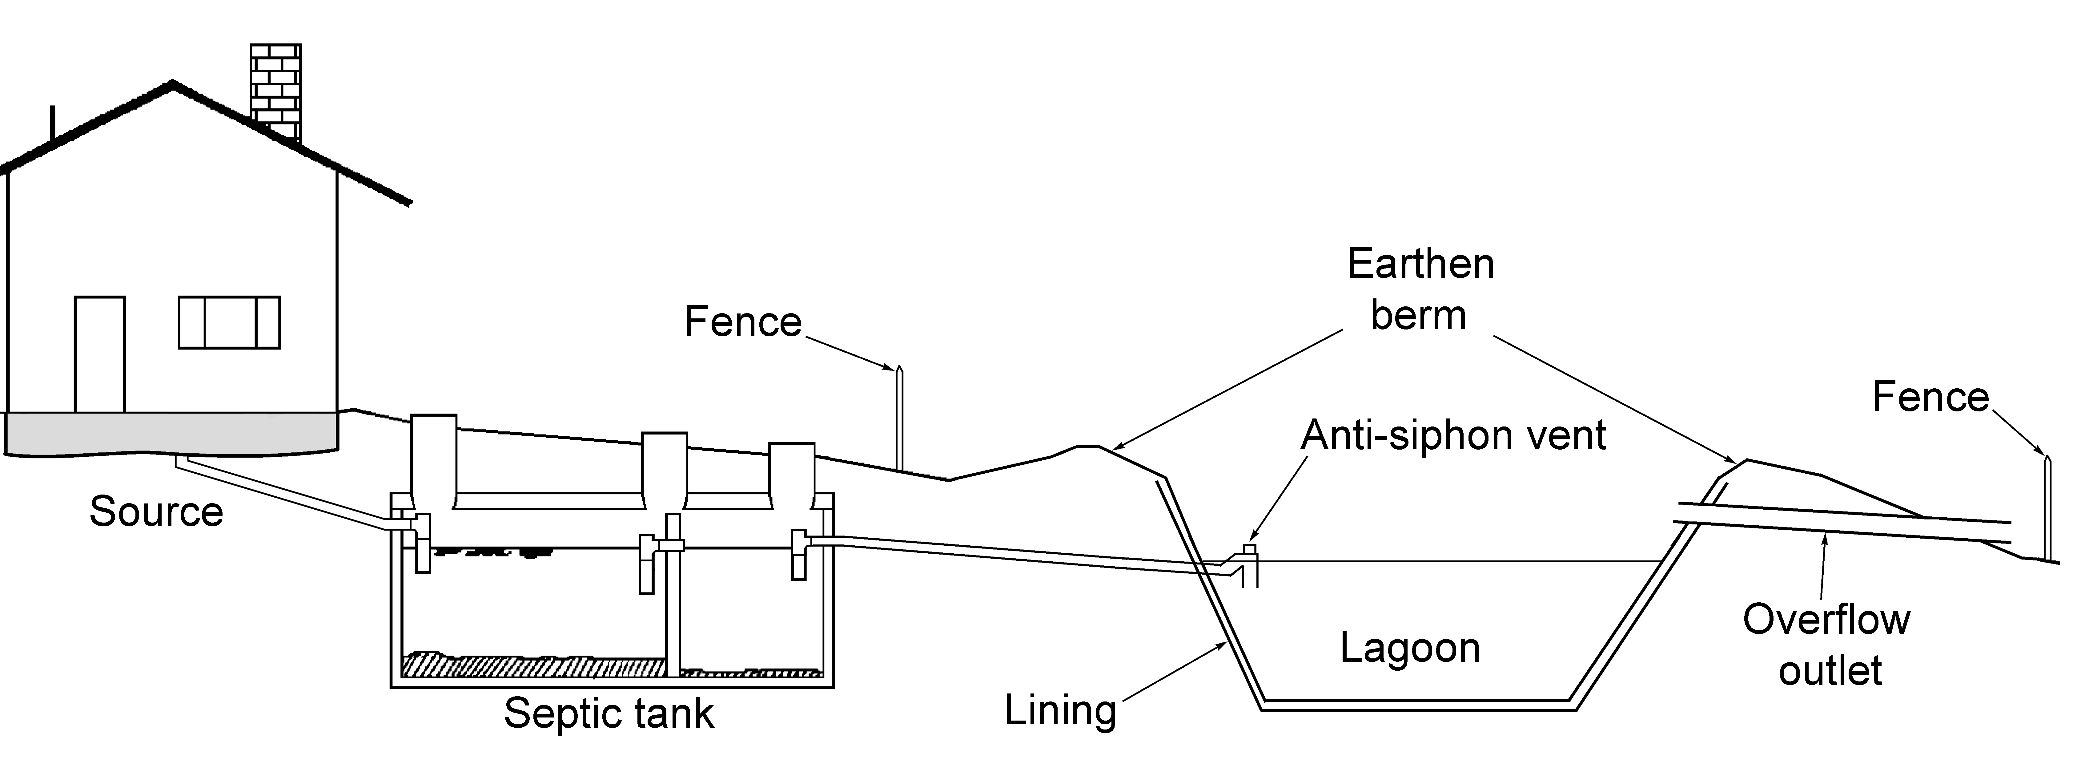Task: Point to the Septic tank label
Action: coord(609,713)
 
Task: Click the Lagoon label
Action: coord(1409,648)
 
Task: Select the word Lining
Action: coord(1060,710)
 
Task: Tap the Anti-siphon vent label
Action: coord(1453,436)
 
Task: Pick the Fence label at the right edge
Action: coord(1930,397)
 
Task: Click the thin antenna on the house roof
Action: coord(53,125)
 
